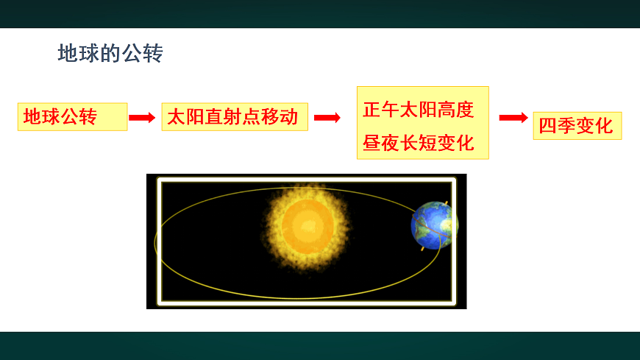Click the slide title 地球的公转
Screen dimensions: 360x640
coord(110,54)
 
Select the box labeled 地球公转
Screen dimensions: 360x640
coord(72,117)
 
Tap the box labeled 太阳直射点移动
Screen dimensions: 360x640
coord(234,117)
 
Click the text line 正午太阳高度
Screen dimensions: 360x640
coord(418,110)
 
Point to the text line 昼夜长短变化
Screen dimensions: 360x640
coord(418,143)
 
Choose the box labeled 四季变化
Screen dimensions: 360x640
coord(577,126)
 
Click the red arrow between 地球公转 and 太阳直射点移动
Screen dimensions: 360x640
coord(143,117)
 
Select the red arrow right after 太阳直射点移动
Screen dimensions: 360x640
coord(327,117)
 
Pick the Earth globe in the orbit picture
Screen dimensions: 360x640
coord(433,225)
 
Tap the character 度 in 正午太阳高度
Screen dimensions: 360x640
coord(464,110)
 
